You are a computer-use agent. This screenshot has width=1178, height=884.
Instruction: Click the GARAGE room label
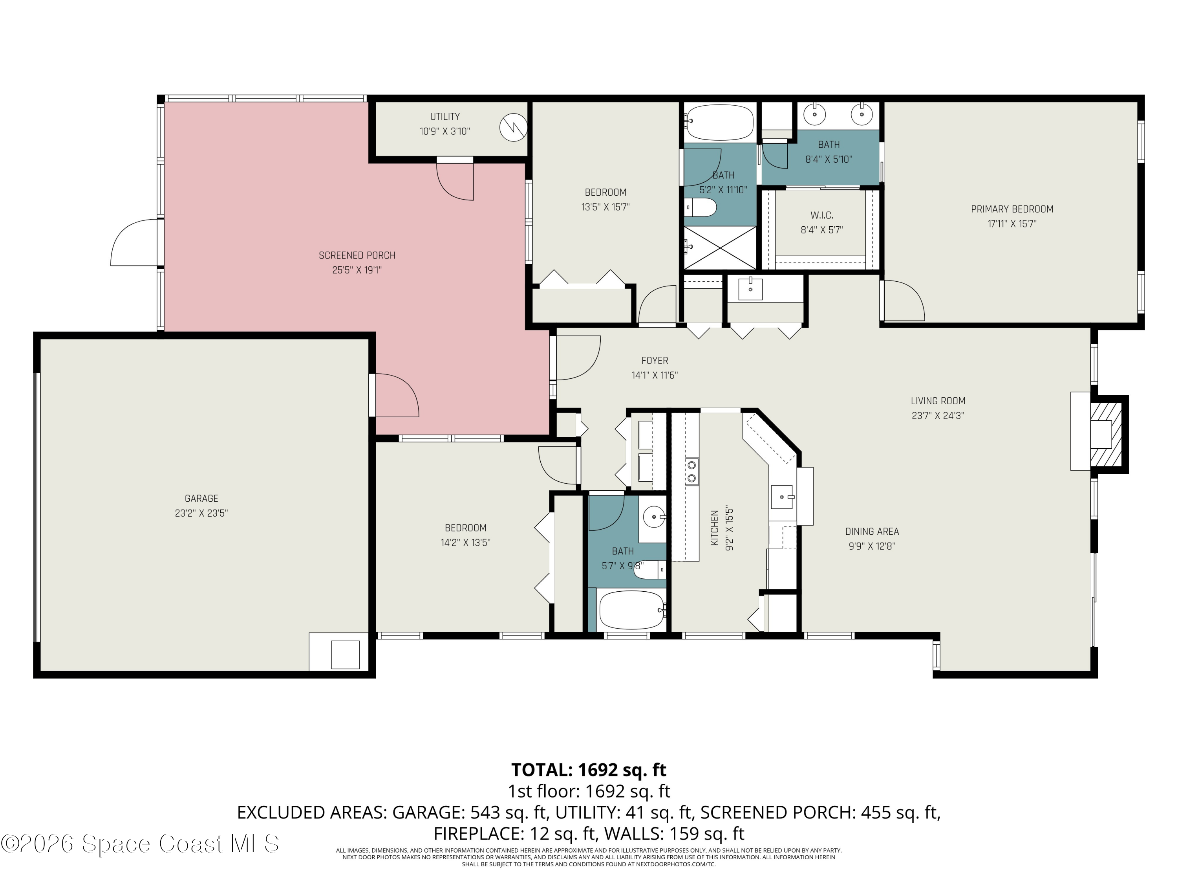tap(201, 498)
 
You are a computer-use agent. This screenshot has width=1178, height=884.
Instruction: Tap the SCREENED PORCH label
tap(357, 255)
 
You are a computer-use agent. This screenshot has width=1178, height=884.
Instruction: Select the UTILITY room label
tap(444, 116)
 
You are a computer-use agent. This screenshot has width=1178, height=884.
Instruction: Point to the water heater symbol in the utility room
tap(513, 127)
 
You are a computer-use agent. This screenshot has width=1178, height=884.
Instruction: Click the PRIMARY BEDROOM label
tap(1012, 209)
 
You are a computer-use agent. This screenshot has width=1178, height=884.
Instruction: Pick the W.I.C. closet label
tap(822, 215)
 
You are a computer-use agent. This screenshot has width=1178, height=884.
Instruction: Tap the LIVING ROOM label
tap(938, 401)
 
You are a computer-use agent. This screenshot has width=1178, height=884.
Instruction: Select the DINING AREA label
tap(872, 531)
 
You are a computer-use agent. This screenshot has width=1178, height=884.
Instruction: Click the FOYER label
tap(655, 360)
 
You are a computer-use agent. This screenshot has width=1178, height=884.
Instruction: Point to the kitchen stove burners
tap(692, 471)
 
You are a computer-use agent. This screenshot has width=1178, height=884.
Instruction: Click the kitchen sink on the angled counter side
tap(782, 497)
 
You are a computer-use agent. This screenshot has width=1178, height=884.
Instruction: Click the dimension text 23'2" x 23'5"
tap(201, 513)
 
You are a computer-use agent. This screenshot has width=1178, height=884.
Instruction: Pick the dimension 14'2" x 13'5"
tap(465, 543)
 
